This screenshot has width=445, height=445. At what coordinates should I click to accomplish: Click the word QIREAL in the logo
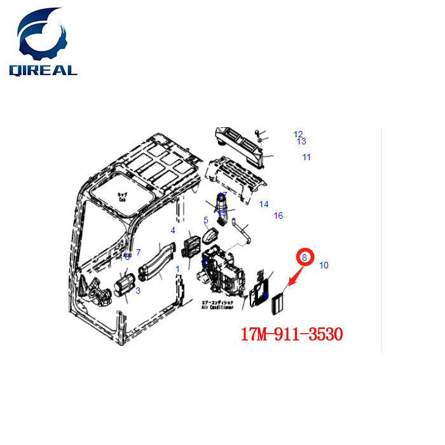pos(43,69)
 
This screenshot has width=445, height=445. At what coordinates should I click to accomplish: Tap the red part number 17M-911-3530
pos(292,333)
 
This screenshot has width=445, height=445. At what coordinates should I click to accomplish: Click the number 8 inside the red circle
pos(305,257)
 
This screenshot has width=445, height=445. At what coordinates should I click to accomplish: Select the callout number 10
pos(324,265)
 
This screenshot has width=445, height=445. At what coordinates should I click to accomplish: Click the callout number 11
pos(306,157)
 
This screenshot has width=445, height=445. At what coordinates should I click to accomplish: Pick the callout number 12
pos(298,134)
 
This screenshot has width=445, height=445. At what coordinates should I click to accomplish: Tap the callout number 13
pos(301,141)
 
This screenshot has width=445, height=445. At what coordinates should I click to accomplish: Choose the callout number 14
pos(264,204)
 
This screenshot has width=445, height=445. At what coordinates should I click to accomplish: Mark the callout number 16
pos(278,216)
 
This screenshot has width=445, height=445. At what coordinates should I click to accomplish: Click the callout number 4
pos(172,230)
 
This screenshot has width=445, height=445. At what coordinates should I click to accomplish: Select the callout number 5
pos(206,221)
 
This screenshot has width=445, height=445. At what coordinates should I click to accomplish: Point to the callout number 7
pos(138,253)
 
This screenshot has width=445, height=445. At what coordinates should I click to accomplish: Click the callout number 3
pos(137,291)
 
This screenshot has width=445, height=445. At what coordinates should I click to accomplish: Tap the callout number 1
pos(177,269)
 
